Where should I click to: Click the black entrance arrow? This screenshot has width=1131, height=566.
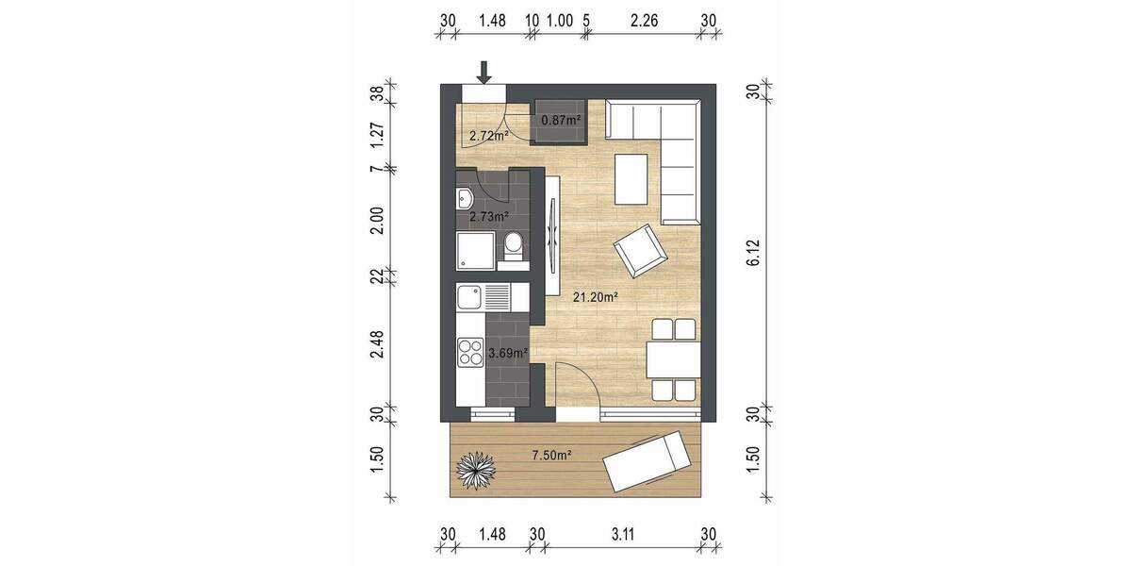coord(484,72)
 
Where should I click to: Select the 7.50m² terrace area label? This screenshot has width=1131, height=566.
coord(552,456)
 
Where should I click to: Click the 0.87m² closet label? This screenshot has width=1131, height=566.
coord(560,121)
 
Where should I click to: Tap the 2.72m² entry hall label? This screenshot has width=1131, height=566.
coord(489,136)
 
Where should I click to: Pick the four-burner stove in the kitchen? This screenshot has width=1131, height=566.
coord(469,354)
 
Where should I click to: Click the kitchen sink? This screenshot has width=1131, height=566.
coord(470,299)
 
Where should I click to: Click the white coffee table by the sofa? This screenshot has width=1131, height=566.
coord(631,179)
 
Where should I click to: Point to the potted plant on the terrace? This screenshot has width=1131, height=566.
coord(476,468)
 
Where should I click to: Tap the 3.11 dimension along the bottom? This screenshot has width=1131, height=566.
coord(620,534)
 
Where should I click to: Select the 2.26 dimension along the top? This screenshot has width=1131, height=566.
coord(646,20)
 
